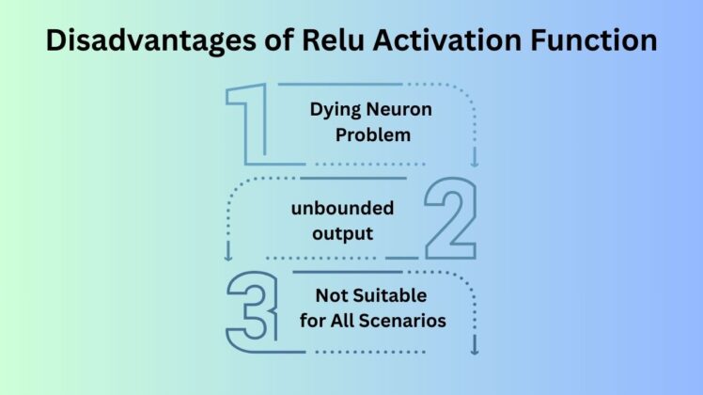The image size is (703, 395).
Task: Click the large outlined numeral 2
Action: (450, 218)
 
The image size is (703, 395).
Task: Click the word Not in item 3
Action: (331, 295)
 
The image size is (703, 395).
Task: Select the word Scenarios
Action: (405, 321)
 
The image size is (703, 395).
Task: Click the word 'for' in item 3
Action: (313, 321)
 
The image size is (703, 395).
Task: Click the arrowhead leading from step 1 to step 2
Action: (475, 163)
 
